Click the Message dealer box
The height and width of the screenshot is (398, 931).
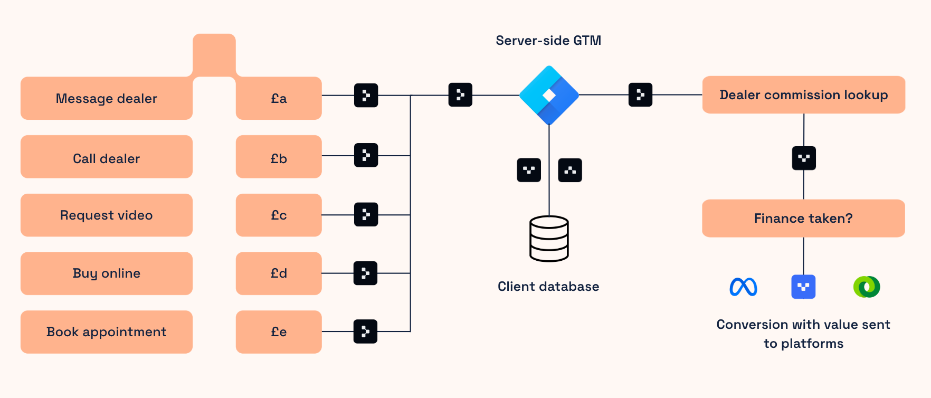(106, 99)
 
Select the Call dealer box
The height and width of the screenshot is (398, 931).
(106, 157)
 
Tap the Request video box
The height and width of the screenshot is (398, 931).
(106, 215)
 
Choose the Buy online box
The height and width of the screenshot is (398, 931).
(106, 273)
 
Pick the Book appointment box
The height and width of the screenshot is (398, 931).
(106, 332)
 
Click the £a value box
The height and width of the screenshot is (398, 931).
(279, 99)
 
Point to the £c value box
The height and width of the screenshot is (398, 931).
(279, 215)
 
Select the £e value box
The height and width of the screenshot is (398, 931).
(279, 332)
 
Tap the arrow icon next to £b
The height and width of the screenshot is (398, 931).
(366, 155)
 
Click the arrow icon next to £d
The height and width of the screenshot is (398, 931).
(365, 273)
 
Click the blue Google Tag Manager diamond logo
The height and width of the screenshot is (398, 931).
(549, 95)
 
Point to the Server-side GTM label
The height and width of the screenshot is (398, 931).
(548, 41)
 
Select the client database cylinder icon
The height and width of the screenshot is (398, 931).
(549, 239)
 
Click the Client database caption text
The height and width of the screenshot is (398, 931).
(548, 287)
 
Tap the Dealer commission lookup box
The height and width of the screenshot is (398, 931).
(803, 95)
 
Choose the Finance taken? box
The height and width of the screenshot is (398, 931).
(803, 219)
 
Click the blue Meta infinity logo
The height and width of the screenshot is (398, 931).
(743, 287)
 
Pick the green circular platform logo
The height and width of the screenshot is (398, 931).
(867, 287)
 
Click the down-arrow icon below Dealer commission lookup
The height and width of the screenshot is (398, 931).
(804, 158)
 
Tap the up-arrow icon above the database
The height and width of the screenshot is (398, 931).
(570, 170)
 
